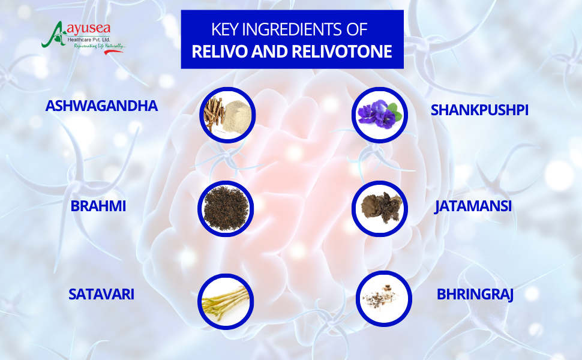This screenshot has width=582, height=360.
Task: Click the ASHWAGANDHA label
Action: [101, 106]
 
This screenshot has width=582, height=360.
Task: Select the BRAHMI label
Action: [98, 206]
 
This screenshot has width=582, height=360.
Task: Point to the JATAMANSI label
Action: [473, 206]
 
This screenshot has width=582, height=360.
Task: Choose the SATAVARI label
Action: [101, 295]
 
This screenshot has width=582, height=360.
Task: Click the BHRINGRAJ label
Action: [475, 295]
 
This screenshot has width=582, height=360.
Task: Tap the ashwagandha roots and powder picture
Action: [227, 115]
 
